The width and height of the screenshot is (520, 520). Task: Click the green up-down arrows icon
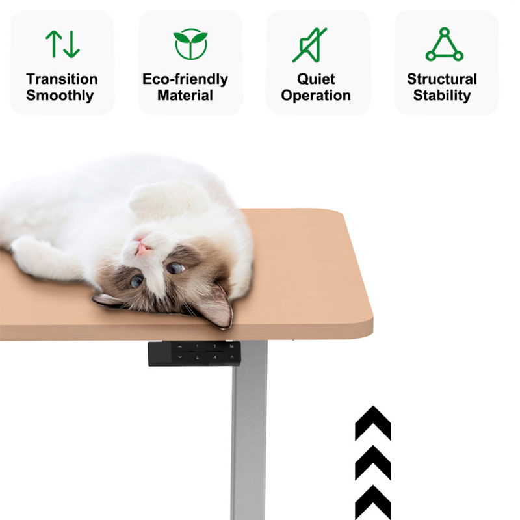pyautogui.click(x=62, y=44)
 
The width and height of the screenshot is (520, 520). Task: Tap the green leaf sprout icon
pyautogui.click(x=190, y=44)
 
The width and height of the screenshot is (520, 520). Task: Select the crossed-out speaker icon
pyautogui.click(x=310, y=45)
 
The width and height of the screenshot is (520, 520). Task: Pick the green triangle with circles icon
pyautogui.click(x=445, y=44)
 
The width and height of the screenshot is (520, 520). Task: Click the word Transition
pyautogui.click(x=62, y=79)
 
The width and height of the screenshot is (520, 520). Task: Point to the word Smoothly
pyautogui.click(x=60, y=96)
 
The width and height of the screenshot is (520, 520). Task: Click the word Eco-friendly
pyautogui.click(x=185, y=79)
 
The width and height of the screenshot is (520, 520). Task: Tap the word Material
pyautogui.click(x=185, y=96)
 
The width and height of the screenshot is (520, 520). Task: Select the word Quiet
pyautogui.click(x=316, y=79)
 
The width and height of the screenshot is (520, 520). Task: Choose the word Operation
pyautogui.click(x=316, y=96)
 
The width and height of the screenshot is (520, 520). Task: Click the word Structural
pyautogui.click(x=442, y=79)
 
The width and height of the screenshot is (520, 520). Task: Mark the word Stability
pyautogui.click(x=442, y=96)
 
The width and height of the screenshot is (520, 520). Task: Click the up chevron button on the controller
pyautogui.click(x=180, y=347)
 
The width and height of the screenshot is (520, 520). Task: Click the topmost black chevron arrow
pyautogui.click(x=373, y=423)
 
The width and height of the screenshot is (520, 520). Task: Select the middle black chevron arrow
pyautogui.click(x=373, y=463)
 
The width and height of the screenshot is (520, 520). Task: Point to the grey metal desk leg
pyautogui.click(x=249, y=431)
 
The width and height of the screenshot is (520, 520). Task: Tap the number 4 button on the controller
pyautogui.click(x=215, y=357)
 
